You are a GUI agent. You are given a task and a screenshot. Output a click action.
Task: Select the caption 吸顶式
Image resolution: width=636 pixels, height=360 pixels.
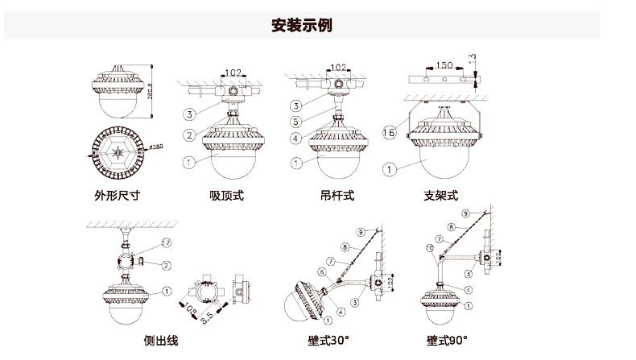pos(227,195)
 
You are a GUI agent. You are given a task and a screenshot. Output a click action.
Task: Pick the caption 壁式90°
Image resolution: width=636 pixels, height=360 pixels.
pos(448,341)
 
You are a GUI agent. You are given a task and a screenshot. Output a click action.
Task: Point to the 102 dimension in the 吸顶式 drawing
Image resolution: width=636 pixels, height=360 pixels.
pos(233,72)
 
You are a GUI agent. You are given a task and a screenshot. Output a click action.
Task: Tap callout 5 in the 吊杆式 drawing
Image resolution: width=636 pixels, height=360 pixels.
pos(295,121)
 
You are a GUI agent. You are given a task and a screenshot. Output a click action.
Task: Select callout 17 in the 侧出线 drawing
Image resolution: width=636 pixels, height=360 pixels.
pos(167,242)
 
